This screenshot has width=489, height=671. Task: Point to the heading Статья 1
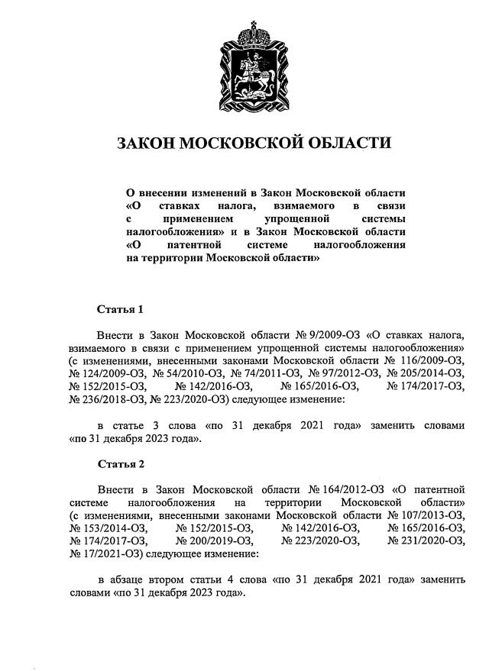(120, 310)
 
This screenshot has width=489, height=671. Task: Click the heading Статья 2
(120, 463)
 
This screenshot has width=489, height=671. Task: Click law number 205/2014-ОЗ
(426, 373)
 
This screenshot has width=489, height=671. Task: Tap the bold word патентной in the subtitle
(195, 245)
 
